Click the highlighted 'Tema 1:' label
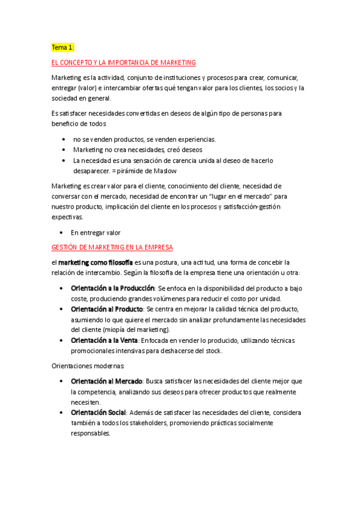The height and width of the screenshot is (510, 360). pos(63,47)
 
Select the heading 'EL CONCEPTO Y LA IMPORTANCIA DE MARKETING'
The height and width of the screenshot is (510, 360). pos(124,63)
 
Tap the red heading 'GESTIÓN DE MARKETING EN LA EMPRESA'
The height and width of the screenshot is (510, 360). pos(112,247)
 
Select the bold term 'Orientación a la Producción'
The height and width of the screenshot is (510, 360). pos(112,288)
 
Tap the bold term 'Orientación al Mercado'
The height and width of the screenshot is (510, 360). pos(106,381)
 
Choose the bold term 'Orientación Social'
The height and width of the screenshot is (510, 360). pos(99,413)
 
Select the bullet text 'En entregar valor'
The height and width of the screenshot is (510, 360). pos(96,232)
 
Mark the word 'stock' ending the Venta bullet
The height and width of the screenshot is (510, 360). pos(213,351)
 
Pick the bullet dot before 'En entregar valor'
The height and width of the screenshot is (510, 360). pos(62,232)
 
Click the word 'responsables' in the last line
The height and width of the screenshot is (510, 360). pos(90,433)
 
